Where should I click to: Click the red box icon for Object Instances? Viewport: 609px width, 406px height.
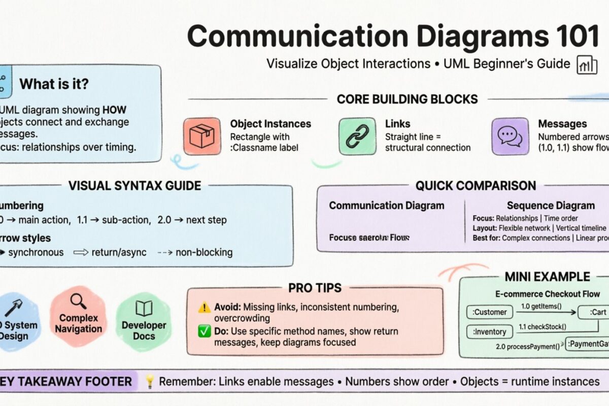tap(202, 136)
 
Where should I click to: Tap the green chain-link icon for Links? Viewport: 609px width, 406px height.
tap(357, 136)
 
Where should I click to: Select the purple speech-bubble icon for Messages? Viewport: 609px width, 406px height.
tap(510, 136)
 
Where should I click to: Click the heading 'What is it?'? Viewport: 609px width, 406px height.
tap(54, 84)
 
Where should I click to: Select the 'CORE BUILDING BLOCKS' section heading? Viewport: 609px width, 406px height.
tap(407, 99)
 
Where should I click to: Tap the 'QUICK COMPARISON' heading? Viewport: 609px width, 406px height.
tap(476, 186)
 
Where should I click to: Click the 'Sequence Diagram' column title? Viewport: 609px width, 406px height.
tap(551, 206)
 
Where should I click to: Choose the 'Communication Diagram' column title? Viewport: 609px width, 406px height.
tap(386, 206)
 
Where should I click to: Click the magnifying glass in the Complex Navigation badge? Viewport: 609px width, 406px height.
tap(78, 301)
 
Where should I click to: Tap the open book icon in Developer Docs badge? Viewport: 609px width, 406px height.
tap(144, 308)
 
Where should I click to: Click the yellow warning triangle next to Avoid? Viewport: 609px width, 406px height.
tap(204, 307)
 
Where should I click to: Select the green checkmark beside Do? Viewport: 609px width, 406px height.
tap(204, 331)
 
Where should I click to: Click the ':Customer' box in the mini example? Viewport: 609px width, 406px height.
tap(490, 312)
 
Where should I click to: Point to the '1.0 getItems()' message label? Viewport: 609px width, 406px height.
tap(542, 306)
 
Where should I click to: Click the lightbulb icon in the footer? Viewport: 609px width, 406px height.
tap(149, 382)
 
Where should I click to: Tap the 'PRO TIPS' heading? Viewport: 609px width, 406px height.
tap(315, 288)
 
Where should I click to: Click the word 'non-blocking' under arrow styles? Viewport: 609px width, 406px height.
tap(204, 252)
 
